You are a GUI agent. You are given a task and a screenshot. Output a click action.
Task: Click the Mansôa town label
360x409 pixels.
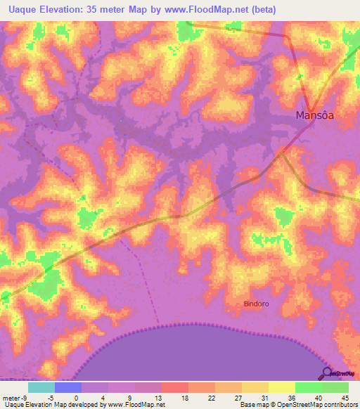[x=314, y=116]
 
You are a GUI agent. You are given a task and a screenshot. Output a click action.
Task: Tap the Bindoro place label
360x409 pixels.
[x=256, y=304]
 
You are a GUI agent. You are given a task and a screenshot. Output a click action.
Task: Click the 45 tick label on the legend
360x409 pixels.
[x=344, y=398]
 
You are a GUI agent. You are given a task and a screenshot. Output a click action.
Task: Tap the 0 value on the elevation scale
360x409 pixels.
[x=75, y=398]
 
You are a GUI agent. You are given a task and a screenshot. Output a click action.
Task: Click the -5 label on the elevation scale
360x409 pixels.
[x=49, y=398]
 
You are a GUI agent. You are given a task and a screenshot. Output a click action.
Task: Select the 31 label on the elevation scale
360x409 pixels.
[x=264, y=398]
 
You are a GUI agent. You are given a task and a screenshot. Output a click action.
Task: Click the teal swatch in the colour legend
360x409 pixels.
[x=41, y=387]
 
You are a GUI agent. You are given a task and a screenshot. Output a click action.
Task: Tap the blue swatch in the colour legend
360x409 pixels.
[x=68, y=387]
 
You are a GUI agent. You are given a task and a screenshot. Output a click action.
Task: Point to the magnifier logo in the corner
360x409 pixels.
[x=328, y=372]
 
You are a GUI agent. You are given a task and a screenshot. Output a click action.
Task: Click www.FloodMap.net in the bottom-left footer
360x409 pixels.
[x=135, y=405]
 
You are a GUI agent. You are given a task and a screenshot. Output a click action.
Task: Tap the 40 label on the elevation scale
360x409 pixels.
[x=317, y=398]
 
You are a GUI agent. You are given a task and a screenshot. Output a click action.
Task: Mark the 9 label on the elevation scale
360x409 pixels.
[x=129, y=398]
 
